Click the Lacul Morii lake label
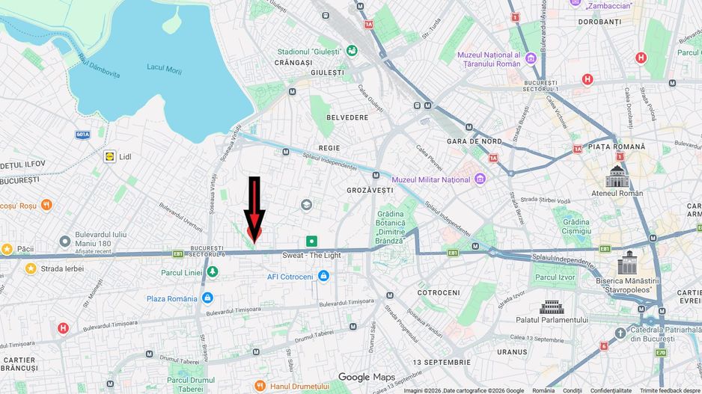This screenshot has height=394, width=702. (165, 67)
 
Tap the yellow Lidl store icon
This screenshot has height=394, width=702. (110, 156)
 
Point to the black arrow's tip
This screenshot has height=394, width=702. (254, 241)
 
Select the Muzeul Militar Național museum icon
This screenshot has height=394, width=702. (480, 179)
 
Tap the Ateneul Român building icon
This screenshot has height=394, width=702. (617, 177)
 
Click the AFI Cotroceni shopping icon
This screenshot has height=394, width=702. (323, 276)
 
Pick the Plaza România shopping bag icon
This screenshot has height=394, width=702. (207, 298)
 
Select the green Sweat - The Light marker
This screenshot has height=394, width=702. (311, 241)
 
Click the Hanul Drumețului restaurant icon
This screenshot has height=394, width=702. (260, 386)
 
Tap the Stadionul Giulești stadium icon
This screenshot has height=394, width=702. (351, 51)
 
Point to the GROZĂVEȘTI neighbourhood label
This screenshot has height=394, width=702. (370, 190)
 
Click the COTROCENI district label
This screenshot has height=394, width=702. (439, 292)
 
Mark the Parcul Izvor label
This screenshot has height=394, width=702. (556, 277)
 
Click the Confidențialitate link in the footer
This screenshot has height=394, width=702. (611, 390)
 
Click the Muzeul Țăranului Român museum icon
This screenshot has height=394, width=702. (531, 58)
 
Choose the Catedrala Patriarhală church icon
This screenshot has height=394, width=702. (620, 333)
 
